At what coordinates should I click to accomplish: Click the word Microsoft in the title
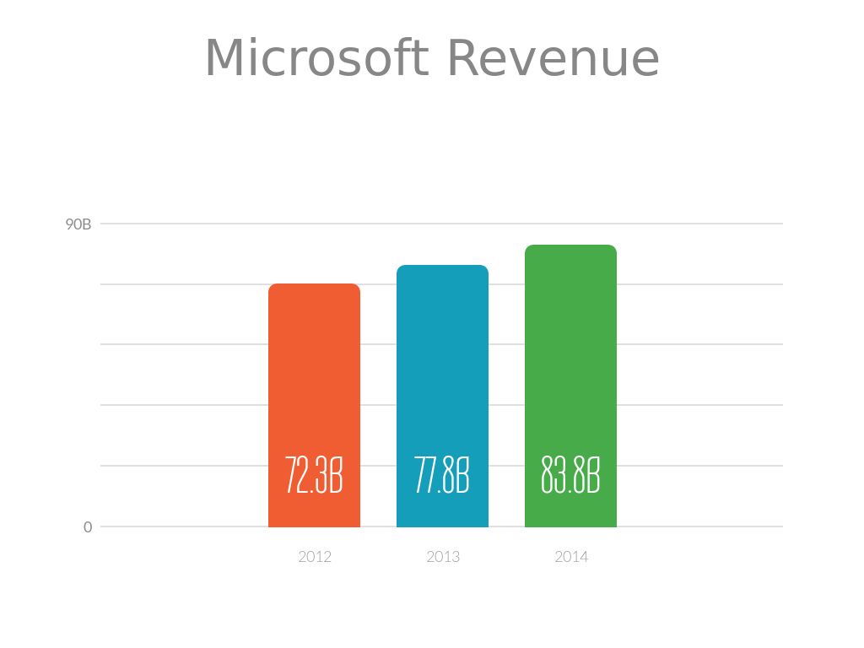click(316, 59)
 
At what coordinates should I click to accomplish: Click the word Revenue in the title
click(553, 59)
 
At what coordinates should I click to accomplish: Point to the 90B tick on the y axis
click(78, 224)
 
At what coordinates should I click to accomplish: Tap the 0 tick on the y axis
click(88, 527)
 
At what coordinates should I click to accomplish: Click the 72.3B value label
click(314, 477)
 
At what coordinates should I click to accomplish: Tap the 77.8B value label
click(442, 477)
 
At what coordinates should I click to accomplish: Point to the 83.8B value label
click(570, 477)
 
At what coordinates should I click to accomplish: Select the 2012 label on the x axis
click(315, 557)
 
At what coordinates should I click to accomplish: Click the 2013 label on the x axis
click(443, 557)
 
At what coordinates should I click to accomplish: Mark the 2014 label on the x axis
click(571, 557)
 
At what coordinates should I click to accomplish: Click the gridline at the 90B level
click(169, 224)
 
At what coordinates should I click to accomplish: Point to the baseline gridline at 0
click(169, 526)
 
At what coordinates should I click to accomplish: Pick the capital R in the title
click(464, 59)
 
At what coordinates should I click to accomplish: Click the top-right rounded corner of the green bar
click(613, 249)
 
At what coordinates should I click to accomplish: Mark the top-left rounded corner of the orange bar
click(273, 288)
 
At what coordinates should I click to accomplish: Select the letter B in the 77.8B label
click(462, 477)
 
